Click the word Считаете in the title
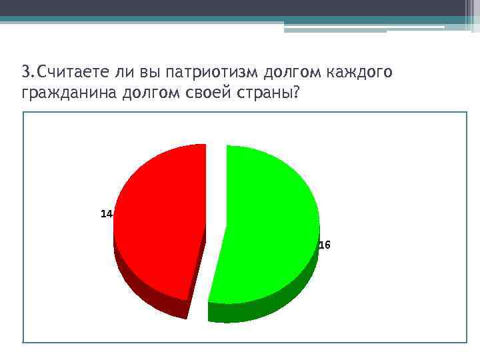[66, 72]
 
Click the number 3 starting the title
[25, 72]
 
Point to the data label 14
[105, 214]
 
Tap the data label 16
[324, 245]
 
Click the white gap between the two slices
[215, 200]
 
